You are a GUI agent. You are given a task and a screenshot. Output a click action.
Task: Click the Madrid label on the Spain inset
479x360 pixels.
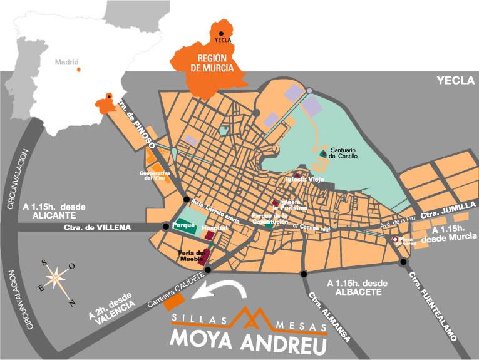(67, 62)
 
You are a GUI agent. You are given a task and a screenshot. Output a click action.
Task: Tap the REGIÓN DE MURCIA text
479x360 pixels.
(203, 62)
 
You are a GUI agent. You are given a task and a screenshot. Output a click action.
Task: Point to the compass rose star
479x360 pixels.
(57, 276)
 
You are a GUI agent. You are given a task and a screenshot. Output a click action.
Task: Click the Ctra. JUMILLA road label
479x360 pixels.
(440, 214)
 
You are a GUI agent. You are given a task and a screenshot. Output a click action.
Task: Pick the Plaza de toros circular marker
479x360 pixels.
(394, 240)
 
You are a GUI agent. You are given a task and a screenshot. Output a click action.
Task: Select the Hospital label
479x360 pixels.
(214, 229)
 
